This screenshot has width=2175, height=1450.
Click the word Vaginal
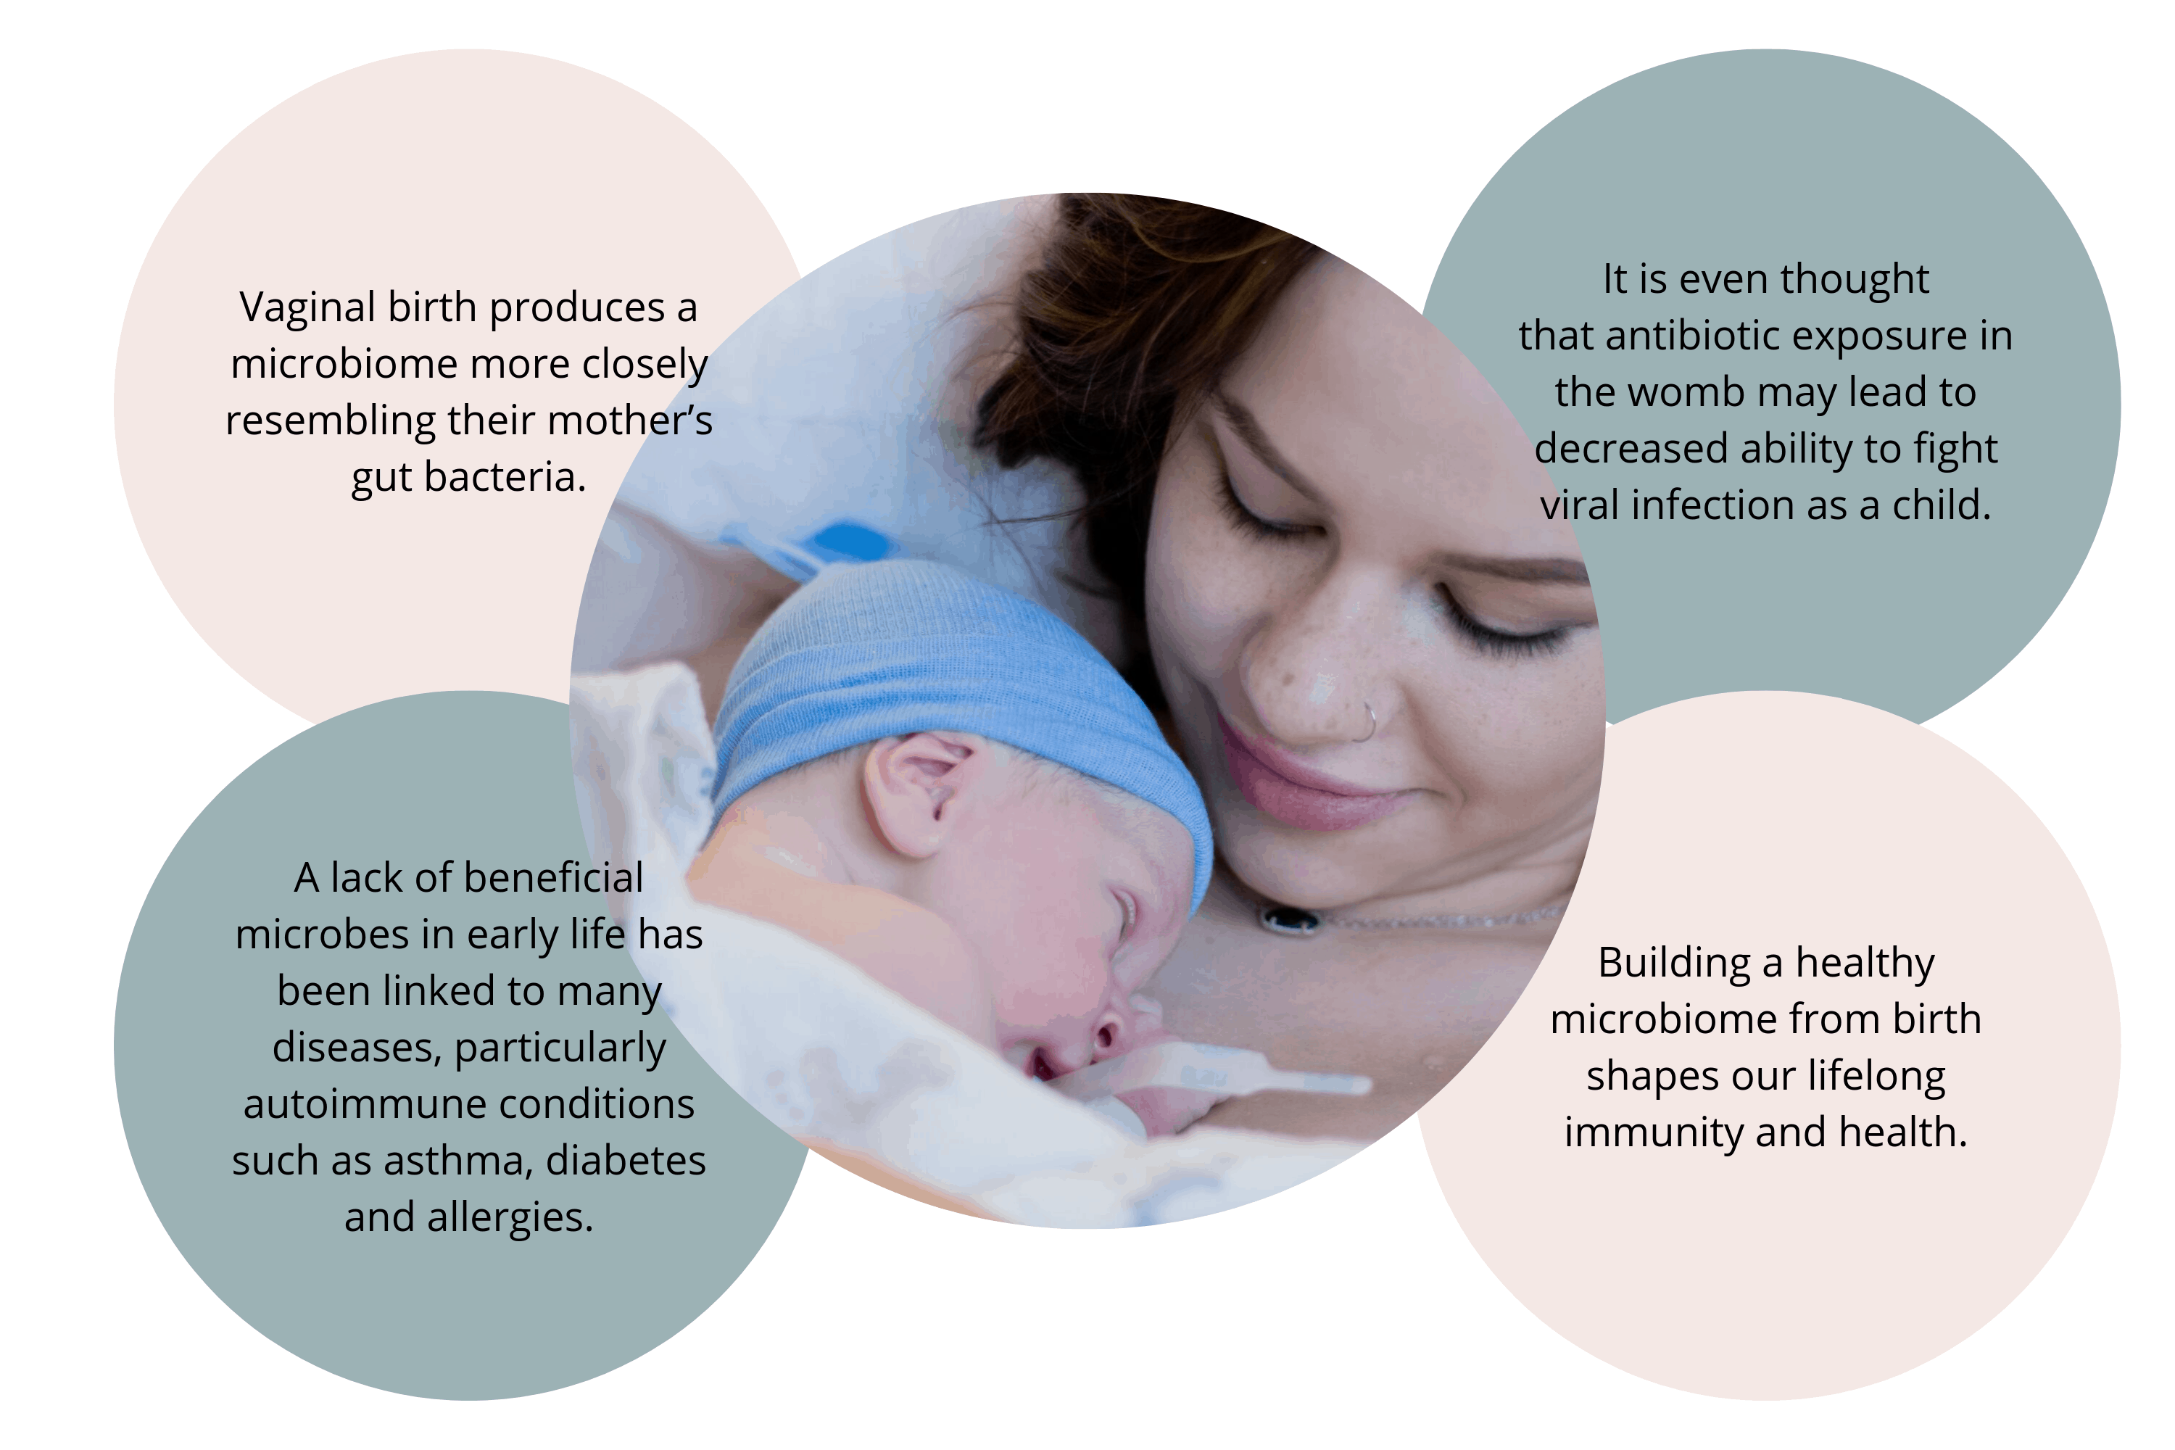(307, 309)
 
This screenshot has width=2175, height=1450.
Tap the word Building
(1675, 964)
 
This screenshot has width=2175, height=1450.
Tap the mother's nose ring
(1365, 722)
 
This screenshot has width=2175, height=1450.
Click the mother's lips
(1313, 776)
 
